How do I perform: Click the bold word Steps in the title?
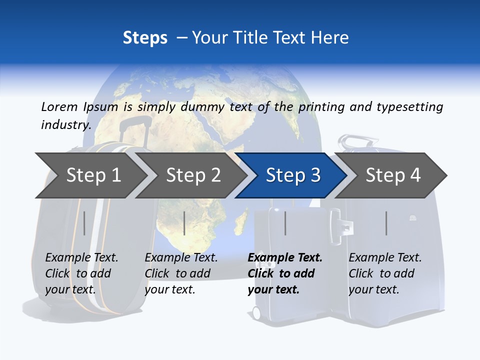click(x=145, y=38)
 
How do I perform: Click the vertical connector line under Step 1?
click(x=84, y=223)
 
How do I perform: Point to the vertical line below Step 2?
click(x=184, y=223)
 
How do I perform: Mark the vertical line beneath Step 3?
click(x=285, y=223)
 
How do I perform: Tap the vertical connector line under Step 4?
click(x=386, y=223)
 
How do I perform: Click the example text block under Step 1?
click(x=81, y=273)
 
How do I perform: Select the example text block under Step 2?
click(x=181, y=273)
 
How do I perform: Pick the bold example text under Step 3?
click(x=284, y=273)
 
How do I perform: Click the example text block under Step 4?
click(x=385, y=273)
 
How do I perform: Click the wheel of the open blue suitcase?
click(x=256, y=313)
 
